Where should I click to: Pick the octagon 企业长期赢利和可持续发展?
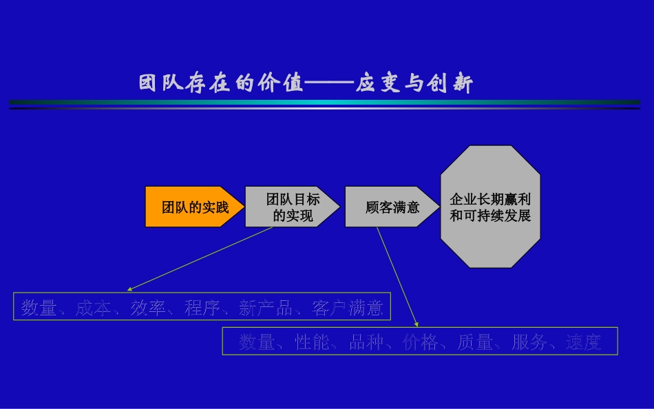click(x=490, y=207)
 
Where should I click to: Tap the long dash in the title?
click(x=329, y=83)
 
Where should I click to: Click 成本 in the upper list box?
click(x=93, y=308)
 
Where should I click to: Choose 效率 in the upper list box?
click(x=148, y=308)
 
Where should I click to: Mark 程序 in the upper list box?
click(x=202, y=308)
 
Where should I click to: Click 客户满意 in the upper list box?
click(x=347, y=308)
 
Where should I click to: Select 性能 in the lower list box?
click(x=313, y=342)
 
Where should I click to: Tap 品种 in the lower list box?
click(x=366, y=342)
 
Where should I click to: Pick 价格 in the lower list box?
click(x=421, y=342)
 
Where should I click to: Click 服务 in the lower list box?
click(x=529, y=342)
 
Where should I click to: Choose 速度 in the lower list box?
click(x=584, y=342)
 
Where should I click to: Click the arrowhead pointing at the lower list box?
click(x=416, y=324)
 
